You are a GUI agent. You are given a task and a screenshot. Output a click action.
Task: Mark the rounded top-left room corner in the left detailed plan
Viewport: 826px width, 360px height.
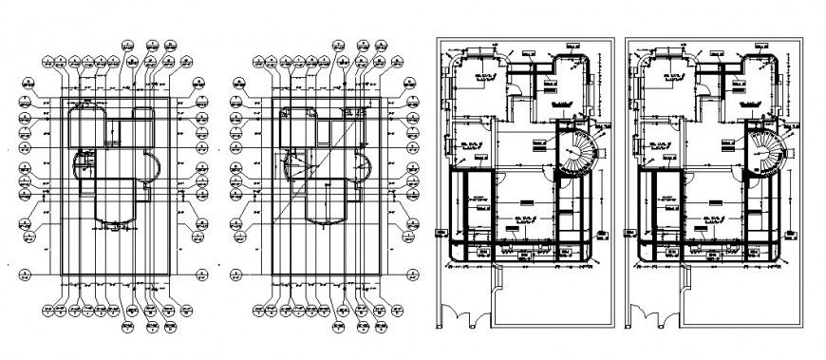coord(458,66)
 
